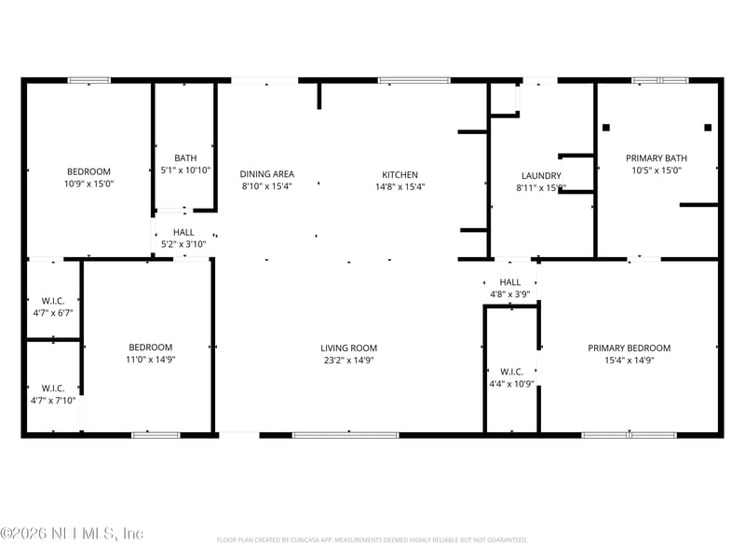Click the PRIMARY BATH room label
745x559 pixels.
[x=657, y=158]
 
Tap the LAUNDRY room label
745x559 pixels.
[x=541, y=175]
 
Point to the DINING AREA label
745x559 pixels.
[x=267, y=174]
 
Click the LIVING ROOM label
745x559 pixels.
[x=349, y=348]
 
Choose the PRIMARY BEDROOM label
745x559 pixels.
[x=629, y=348]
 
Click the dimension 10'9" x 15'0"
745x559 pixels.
[x=88, y=184]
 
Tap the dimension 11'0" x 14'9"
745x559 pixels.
[x=150, y=360]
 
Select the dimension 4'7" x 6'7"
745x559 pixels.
[x=52, y=313]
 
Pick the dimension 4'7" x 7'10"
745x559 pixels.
[x=52, y=401]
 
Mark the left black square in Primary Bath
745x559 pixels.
[x=606, y=127]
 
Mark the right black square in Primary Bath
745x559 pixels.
[x=708, y=127]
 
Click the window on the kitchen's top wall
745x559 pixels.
[x=413, y=81]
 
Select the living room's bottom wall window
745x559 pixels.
[x=345, y=434]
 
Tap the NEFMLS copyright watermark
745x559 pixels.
[x=72, y=534]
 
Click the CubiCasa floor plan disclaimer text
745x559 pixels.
[x=372, y=539]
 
